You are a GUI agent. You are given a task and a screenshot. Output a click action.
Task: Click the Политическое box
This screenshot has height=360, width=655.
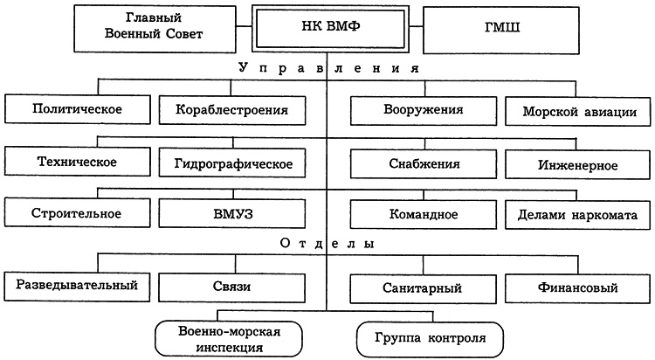tap(76, 110)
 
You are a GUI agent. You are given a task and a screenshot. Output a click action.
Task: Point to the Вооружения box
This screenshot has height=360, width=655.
tap(424, 110)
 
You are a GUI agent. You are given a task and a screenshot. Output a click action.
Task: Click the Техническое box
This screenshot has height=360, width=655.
tap(76, 162)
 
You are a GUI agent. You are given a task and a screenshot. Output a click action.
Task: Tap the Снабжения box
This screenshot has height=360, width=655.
tap(424, 163)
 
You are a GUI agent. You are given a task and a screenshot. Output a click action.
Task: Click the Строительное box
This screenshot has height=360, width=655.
tap(76, 213)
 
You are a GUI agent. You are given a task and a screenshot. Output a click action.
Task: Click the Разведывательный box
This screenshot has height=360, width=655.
tap(76, 285)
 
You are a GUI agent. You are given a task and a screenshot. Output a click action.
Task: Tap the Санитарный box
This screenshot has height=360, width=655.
tap(424, 287)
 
